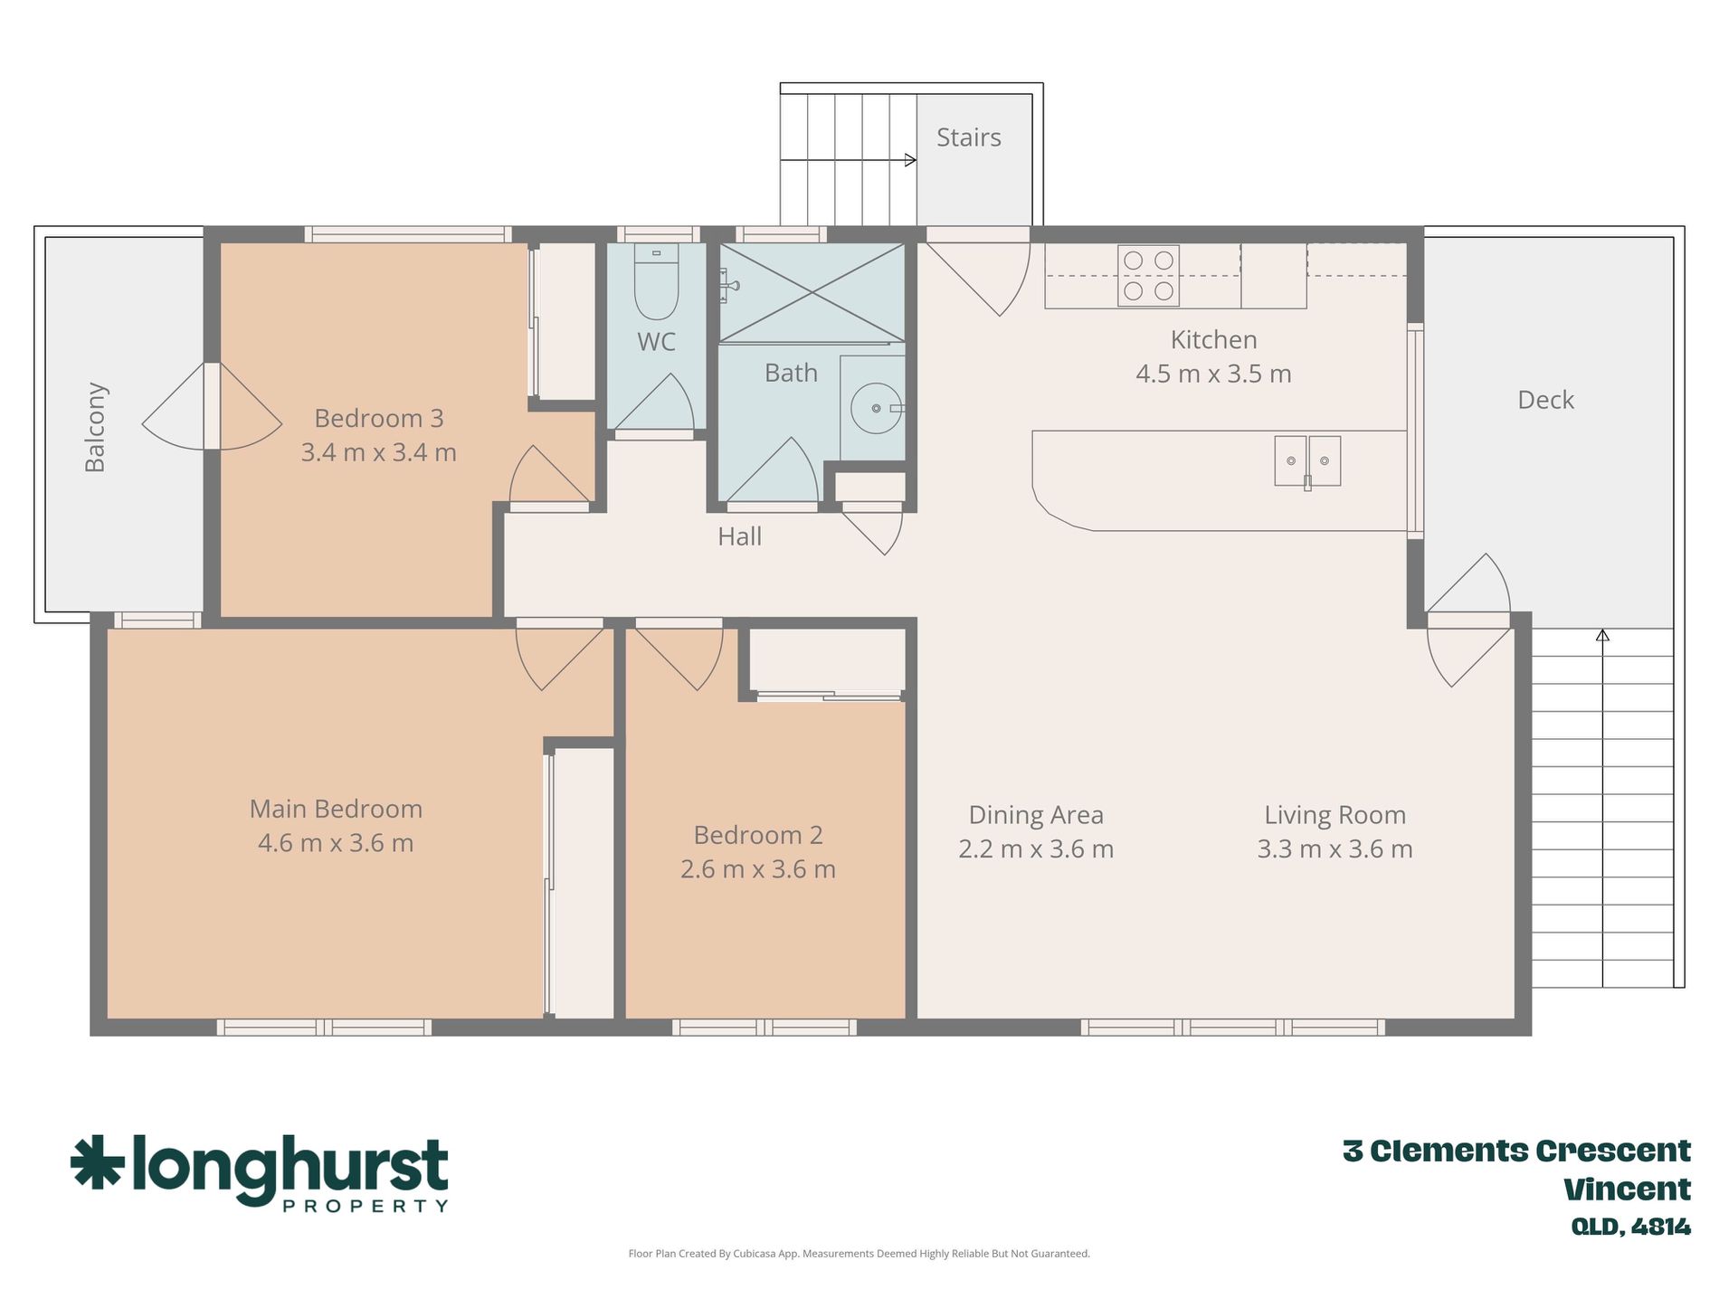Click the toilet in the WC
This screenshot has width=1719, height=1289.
click(x=656, y=281)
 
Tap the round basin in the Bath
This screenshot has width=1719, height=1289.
click(x=875, y=408)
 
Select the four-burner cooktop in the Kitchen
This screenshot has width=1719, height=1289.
click(x=1148, y=275)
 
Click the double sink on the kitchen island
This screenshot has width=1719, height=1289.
click(x=1307, y=461)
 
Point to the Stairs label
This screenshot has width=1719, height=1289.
click(x=968, y=137)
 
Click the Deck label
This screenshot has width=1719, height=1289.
click(x=1545, y=400)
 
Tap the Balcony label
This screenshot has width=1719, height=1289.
click(x=95, y=427)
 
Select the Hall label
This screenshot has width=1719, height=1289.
click(x=739, y=536)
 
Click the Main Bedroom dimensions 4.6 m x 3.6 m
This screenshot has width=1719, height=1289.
click(x=336, y=843)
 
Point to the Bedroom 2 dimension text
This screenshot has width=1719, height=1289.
click(x=758, y=869)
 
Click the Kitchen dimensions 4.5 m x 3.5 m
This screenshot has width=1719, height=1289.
click(x=1213, y=374)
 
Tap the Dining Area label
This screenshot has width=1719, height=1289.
click(x=1036, y=815)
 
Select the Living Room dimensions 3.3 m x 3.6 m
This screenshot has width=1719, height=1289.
click(x=1334, y=849)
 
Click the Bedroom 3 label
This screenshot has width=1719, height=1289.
click(x=378, y=418)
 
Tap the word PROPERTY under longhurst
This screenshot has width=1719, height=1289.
click(x=366, y=1206)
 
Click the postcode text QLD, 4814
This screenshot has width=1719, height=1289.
click(x=1630, y=1227)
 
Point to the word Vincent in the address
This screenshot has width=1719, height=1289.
click(x=1627, y=1189)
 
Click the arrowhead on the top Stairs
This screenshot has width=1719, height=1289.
click(x=910, y=160)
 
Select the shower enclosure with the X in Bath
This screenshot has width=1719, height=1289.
click(x=812, y=292)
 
